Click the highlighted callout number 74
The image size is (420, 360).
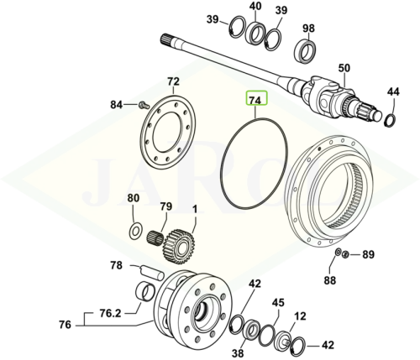point(257,101)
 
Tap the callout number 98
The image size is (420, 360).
point(308,29)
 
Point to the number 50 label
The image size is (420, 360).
point(344,68)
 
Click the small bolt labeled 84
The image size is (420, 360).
point(142,106)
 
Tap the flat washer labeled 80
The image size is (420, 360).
point(135,232)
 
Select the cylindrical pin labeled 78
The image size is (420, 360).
point(150,272)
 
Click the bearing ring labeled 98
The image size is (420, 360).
point(306,52)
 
